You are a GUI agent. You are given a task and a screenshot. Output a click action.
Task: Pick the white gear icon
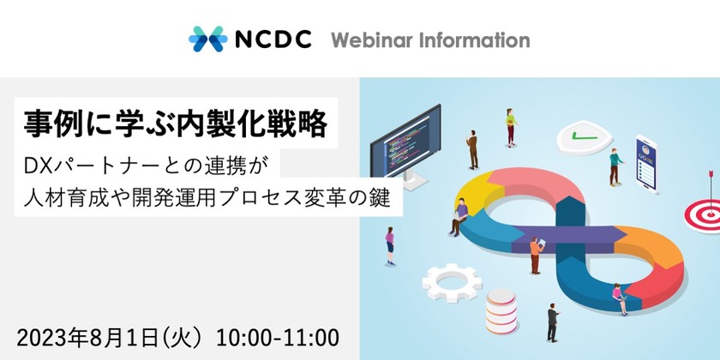[x=450, y=283]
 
